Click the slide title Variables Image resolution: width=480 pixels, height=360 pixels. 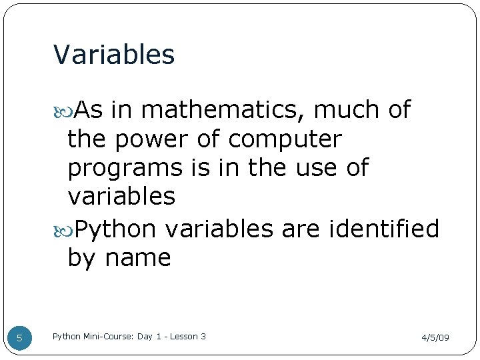(x=113, y=55)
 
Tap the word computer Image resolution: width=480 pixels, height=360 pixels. (x=285, y=139)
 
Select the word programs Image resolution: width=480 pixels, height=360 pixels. (x=125, y=168)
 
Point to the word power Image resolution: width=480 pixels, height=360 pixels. (x=154, y=139)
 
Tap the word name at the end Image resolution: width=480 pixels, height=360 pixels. (x=138, y=257)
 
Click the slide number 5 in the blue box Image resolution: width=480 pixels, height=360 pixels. (x=19, y=338)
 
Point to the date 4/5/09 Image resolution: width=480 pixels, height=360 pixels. (x=435, y=338)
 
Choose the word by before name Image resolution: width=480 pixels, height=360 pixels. (x=82, y=258)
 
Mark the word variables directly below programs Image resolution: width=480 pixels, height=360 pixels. (x=121, y=197)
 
